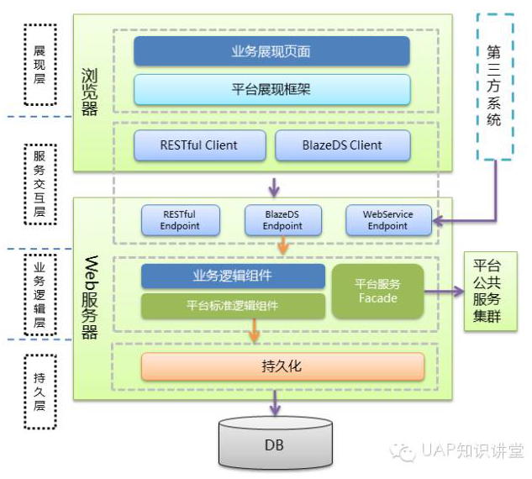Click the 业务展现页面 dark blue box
point(271,51)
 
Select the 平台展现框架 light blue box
point(272,90)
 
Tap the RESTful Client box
point(199,145)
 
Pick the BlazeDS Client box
point(343,145)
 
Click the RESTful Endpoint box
point(181,220)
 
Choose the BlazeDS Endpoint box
point(283,220)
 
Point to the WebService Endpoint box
point(388,220)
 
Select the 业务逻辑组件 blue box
point(233,276)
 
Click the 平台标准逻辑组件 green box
point(233,306)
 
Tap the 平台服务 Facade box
point(378,292)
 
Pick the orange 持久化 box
point(282,366)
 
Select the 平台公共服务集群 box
point(491,291)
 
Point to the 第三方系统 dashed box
point(495,87)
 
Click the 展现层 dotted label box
point(40,65)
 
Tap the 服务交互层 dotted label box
point(40,184)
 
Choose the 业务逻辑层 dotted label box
point(40,295)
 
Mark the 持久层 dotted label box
point(40,392)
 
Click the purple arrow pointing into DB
point(275,403)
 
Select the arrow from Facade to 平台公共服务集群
point(444,291)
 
